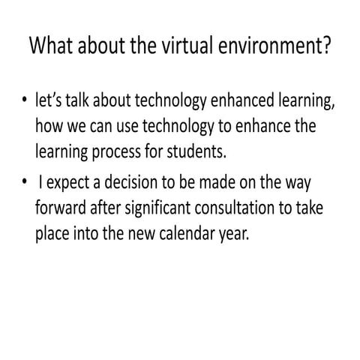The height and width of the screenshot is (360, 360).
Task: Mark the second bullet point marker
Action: (x=25, y=182)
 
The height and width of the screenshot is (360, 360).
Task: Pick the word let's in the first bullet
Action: (x=50, y=100)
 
